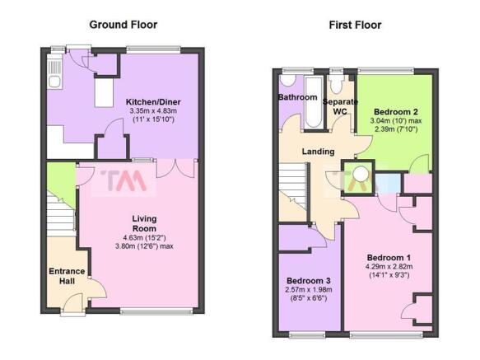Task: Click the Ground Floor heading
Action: pos(123,25)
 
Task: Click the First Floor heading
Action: pos(355,25)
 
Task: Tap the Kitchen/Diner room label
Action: pos(153,101)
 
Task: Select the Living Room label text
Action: pos(144,223)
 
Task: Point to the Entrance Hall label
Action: pos(67,276)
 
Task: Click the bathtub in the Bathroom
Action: pos(314,102)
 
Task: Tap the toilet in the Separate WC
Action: pos(336,84)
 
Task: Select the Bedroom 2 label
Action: pos(396,111)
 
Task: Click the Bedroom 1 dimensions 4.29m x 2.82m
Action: pos(389,266)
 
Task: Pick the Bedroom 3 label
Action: pos(309,280)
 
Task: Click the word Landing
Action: pos(318,152)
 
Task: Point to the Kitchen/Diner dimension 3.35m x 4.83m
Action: pos(153,110)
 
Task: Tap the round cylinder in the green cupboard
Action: pos(361,174)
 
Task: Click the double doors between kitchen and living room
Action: pos(175,168)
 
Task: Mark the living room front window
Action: pos(156,311)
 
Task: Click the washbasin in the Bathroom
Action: pos(288,80)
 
